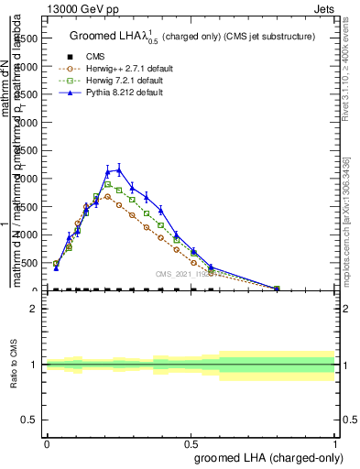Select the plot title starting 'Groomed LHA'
pyautogui.click(x=192, y=37)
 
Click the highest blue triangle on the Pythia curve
pyautogui.click(x=118, y=169)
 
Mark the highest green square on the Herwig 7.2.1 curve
pyautogui.click(x=107, y=184)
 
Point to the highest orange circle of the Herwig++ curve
pyautogui.click(x=107, y=196)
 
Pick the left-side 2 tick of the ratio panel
pyautogui.click(x=35, y=309)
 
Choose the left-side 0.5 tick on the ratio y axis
pyautogui.click(x=31, y=420)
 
